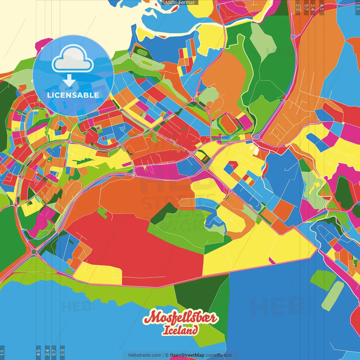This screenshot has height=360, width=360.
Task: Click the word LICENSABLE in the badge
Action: [73, 95]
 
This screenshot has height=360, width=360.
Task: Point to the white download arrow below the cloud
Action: [69, 81]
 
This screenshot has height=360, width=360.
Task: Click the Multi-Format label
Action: [180, 3]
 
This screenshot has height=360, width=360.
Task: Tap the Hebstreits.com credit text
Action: [145, 355]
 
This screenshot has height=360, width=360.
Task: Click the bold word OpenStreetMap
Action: [187, 355]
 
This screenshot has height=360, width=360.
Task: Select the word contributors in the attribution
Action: [219, 355]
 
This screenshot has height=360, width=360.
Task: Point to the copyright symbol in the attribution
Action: [166, 355]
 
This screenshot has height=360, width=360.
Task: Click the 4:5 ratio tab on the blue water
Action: [39, 352]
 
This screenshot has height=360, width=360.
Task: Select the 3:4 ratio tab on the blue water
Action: [47, 352]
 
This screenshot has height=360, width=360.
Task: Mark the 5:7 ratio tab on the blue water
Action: [54, 352]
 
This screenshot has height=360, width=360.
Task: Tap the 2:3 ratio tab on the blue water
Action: [62, 352]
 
